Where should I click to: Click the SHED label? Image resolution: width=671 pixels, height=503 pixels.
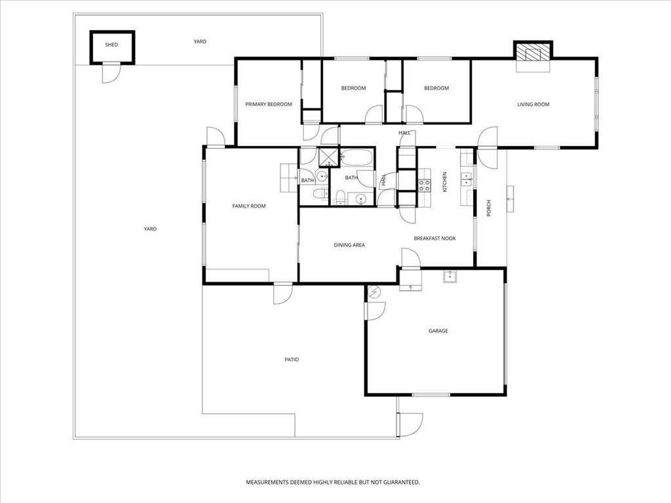[111, 45]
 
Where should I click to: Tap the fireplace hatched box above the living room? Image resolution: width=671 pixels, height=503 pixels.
[533, 54]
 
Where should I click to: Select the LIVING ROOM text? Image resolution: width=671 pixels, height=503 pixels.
[533, 104]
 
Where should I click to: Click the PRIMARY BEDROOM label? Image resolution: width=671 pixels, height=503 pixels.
[268, 104]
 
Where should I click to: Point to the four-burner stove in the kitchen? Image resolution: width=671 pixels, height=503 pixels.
[424, 185]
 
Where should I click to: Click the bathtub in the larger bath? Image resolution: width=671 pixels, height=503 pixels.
[356, 157]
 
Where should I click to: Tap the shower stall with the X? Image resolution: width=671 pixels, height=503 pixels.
[329, 157]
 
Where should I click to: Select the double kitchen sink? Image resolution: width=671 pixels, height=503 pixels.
[466, 179]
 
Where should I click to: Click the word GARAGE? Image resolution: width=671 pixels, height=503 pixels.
[438, 331]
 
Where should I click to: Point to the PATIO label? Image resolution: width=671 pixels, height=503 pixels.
[292, 360]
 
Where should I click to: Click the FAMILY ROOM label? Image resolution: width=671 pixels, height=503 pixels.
[249, 206]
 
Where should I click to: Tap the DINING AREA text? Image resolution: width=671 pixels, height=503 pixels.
[349, 245]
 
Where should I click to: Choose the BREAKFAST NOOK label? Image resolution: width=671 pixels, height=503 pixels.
[435, 238]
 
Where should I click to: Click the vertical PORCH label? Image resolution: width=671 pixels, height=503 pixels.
[489, 208]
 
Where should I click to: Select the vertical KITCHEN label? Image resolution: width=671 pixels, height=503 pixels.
[444, 182]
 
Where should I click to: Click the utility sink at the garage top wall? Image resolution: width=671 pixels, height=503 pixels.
[450, 276]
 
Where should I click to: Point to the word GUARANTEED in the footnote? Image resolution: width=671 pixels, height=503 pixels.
[401, 483]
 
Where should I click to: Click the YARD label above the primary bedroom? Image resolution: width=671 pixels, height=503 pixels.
[200, 41]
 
